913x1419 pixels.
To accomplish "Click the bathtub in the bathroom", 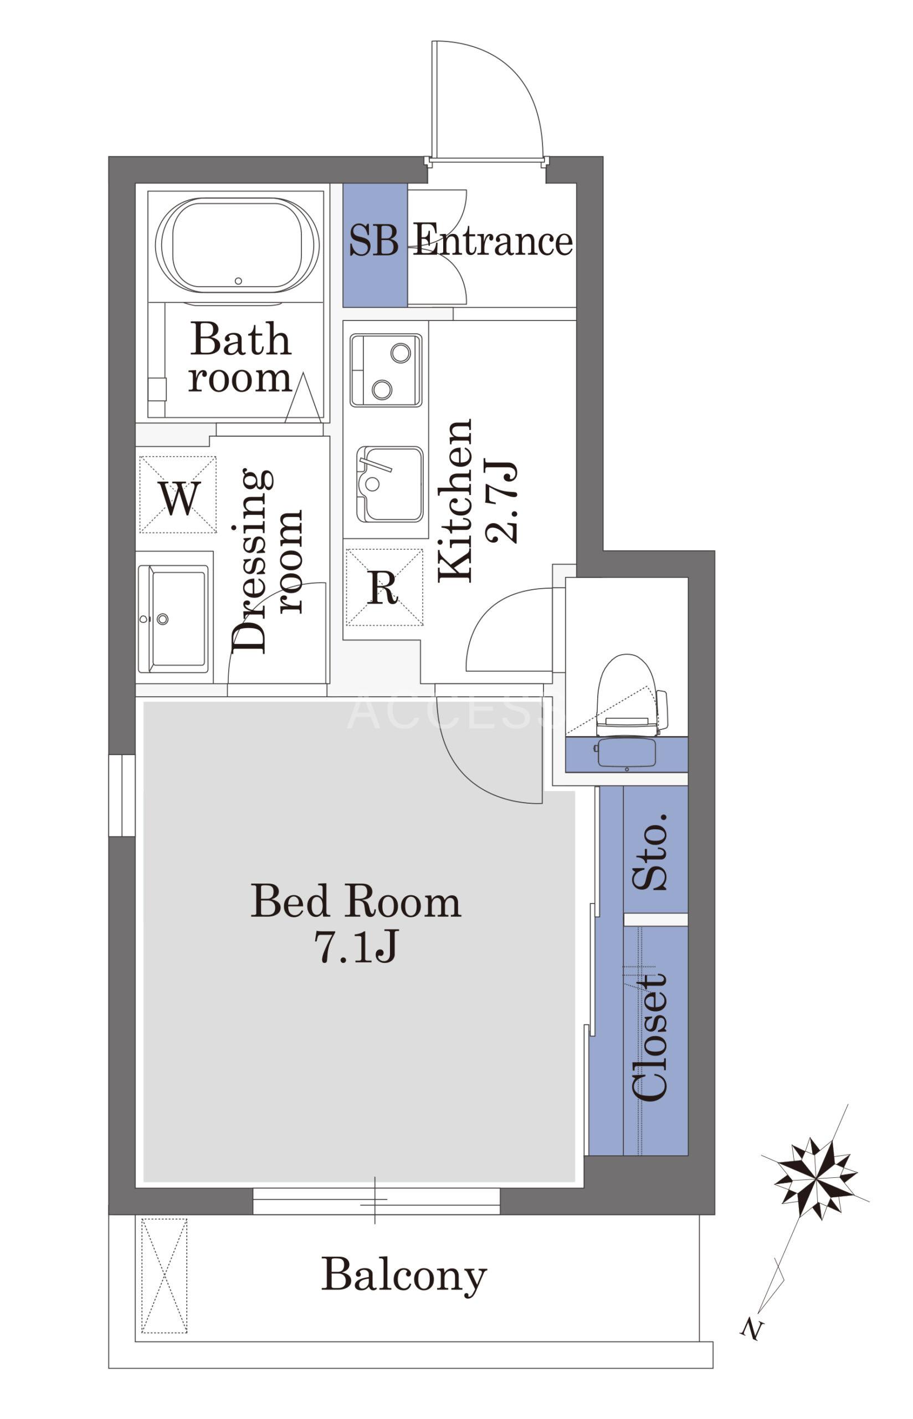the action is [x=237, y=245].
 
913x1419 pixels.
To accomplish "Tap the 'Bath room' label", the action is [x=240, y=358].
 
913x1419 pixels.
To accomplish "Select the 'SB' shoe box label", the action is [x=373, y=241].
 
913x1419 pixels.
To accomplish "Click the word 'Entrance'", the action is [x=493, y=240].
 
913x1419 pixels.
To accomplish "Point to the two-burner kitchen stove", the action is [x=386, y=370].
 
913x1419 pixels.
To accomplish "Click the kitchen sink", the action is [x=389, y=484].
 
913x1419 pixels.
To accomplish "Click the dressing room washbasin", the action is [x=173, y=619].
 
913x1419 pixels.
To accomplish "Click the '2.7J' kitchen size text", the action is [x=501, y=501].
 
